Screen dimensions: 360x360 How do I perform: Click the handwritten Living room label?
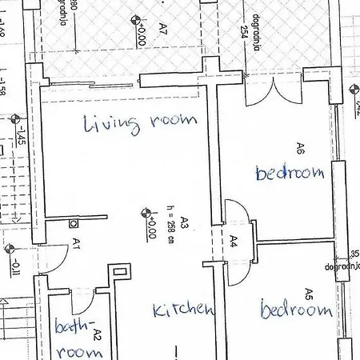pos(140,122)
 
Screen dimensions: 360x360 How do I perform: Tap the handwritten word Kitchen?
pos(183,309)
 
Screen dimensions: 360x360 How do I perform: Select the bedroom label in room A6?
pos(290,172)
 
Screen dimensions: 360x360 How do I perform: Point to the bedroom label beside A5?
pos(296,310)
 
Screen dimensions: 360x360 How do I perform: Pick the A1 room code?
pos(76,242)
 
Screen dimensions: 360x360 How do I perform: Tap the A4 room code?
pos(234,240)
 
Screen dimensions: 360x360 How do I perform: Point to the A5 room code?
pos(308,293)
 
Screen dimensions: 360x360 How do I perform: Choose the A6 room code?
pos(300,148)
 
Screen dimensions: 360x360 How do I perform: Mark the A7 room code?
pos(162,30)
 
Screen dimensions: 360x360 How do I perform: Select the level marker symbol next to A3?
pos(146,213)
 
